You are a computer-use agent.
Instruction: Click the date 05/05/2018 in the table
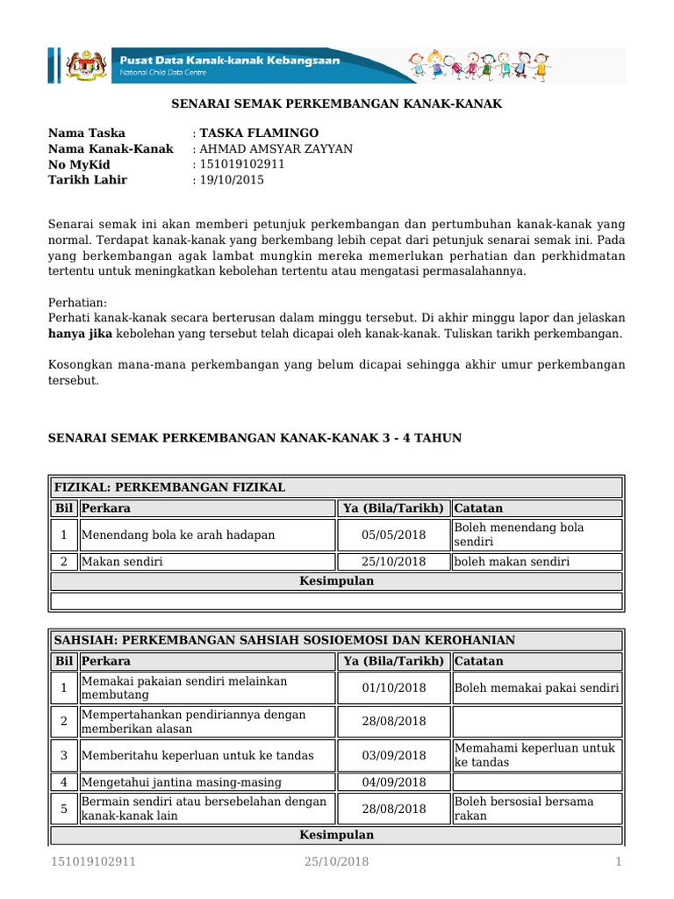tap(393, 535)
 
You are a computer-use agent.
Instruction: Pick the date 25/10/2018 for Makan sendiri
tap(393, 561)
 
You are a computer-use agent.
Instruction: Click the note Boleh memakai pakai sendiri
tap(536, 687)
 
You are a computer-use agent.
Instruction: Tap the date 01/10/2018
tap(393, 687)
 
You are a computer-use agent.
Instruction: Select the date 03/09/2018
tap(393, 755)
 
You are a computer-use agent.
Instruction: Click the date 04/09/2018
tap(393, 782)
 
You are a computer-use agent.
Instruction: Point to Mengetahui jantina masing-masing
tap(182, 782)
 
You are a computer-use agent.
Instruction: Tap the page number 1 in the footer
tap(619, 862)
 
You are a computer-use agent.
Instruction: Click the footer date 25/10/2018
tap(336, 862)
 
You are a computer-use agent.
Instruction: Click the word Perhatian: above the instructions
tap(76, 301)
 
